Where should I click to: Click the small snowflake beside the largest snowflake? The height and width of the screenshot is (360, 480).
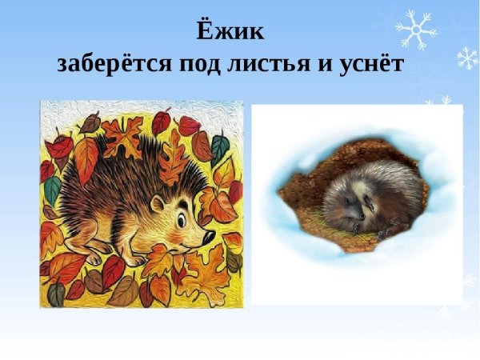pyautogui.click(x=467, y=58)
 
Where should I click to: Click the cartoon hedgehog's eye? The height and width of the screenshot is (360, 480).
pyautogui.click(x=183, y=217)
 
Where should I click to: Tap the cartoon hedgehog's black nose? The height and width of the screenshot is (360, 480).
pyautogui.click(x=209, y=237)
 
